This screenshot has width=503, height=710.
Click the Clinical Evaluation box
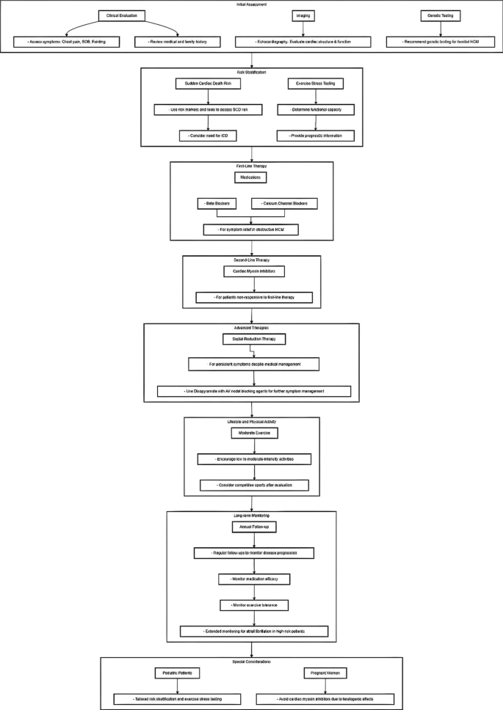point(123,15)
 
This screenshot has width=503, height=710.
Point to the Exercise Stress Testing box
point(314,84)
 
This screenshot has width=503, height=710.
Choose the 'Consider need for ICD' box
point(208,136)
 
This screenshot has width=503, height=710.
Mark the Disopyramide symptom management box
point(254,392)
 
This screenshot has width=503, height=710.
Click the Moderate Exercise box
point(252,433)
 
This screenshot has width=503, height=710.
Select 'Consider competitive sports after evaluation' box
point(254,485)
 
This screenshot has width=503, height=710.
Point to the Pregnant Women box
point(326,673)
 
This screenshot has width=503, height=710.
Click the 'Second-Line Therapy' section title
point(252,260)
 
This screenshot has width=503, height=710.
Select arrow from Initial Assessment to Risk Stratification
point(252,60)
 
